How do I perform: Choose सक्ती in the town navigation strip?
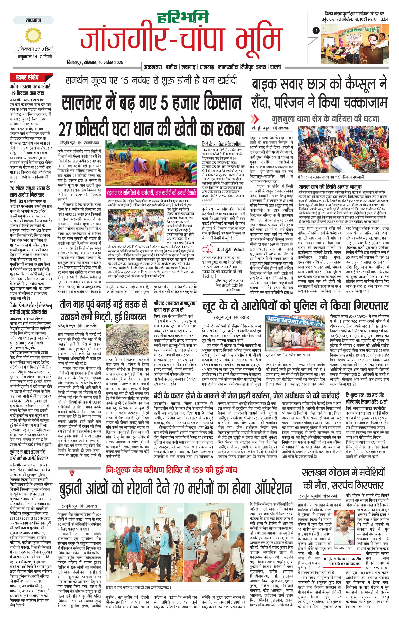click(x=275, y=67)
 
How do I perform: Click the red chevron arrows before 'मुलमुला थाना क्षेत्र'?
click(x=254, y=119)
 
